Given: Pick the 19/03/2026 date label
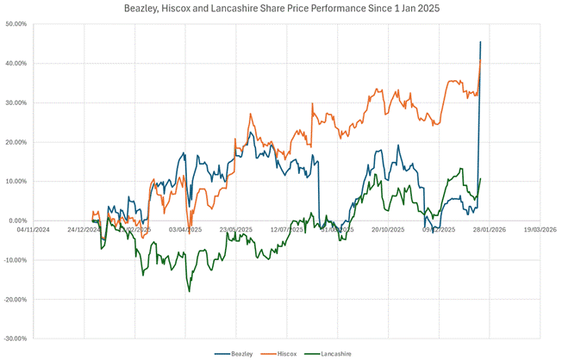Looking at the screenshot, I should pos(540,230).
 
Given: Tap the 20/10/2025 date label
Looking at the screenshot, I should pos(389,230).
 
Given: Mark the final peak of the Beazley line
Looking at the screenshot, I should pos(480,41).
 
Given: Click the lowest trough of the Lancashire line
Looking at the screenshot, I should pos(189,292).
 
